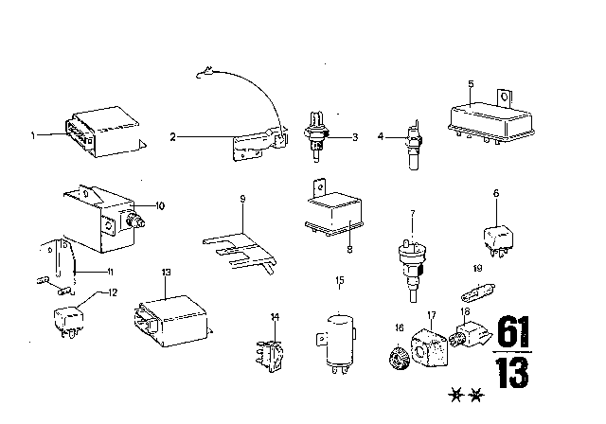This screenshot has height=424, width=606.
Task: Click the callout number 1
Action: (x=33, y=135)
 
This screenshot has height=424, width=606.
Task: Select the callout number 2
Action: (x=173, y=137)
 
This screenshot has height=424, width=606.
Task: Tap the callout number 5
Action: (x=471, y=83)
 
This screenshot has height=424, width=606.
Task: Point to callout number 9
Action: (x=242, y=200)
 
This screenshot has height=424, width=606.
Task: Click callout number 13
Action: (x=168, y=273)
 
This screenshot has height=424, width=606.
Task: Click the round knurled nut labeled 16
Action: (x=398, y=361)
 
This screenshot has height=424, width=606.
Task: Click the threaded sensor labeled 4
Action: (x=414, y=142)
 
